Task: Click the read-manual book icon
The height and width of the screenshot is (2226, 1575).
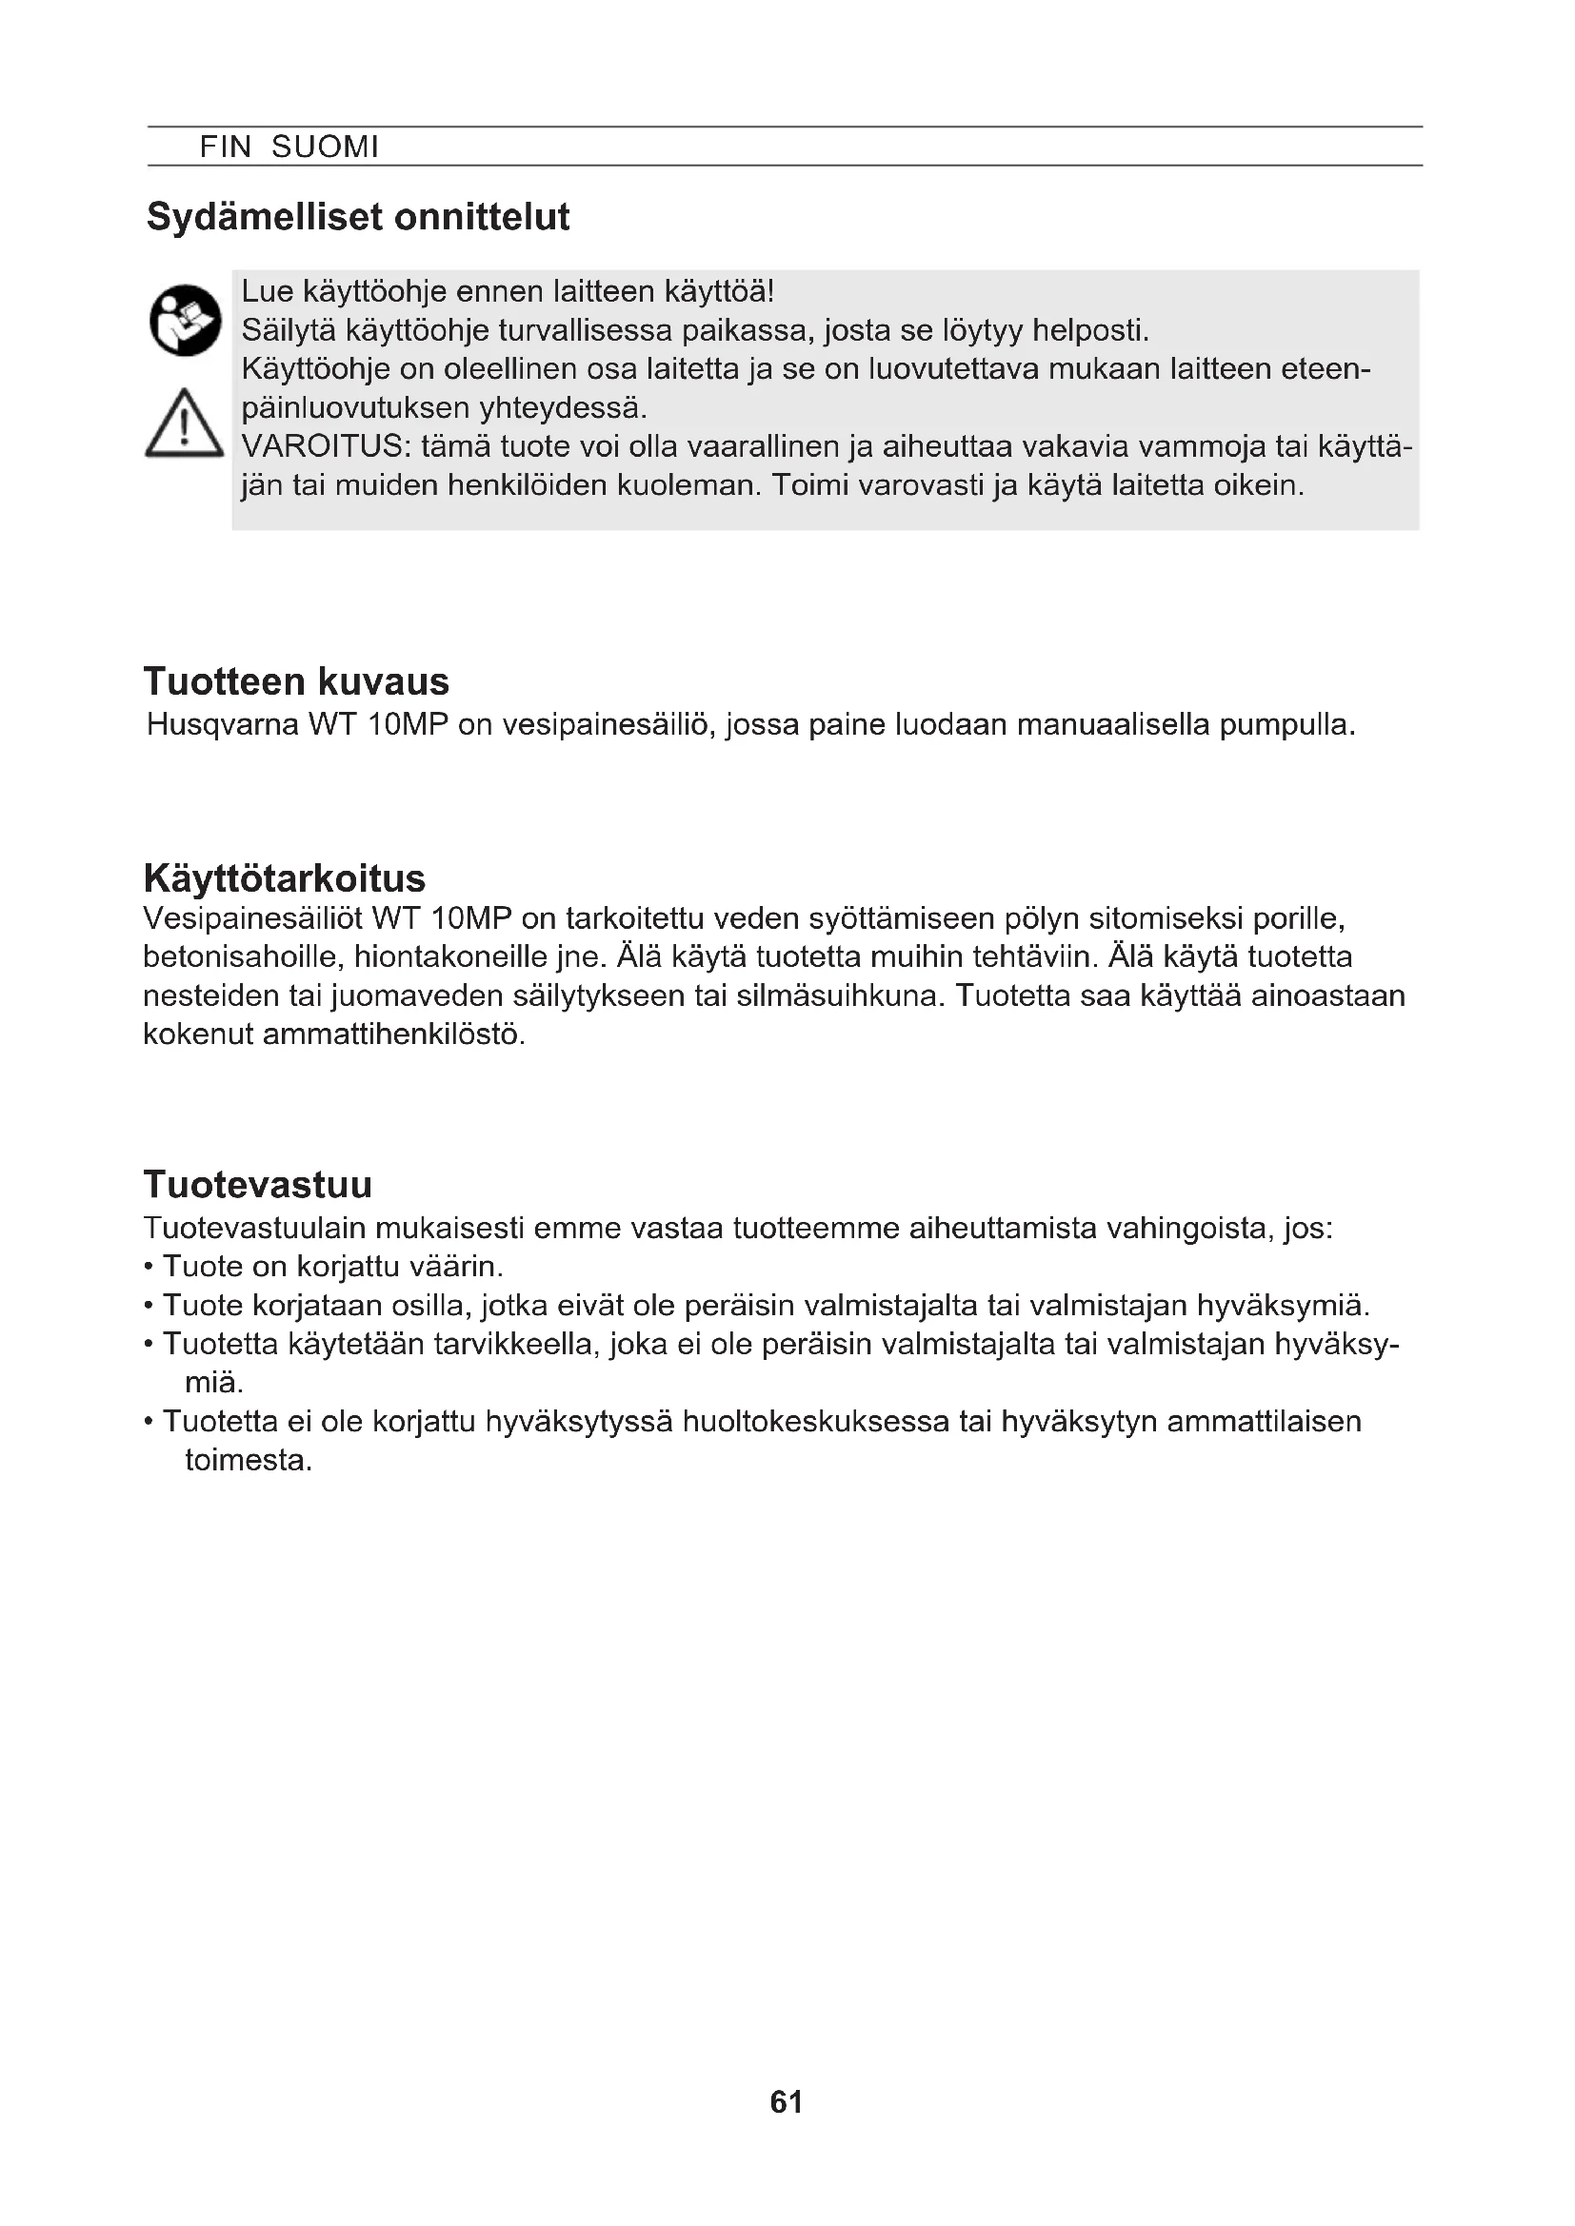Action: coord(186,320)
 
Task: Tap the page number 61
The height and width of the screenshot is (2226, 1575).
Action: coord(787,2102)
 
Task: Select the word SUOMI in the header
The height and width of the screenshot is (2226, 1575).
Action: coord(325,148)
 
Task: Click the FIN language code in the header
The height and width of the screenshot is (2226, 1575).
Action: coord(225,148)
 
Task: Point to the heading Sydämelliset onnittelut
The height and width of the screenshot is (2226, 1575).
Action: coord(358,216)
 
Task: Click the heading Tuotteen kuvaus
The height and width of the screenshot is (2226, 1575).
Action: coord(296,681)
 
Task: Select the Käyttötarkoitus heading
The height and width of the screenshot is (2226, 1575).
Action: coord(284,878)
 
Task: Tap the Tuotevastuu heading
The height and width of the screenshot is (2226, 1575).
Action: coord(258,1185)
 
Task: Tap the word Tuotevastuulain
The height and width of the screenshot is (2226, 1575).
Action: coord(254,1229)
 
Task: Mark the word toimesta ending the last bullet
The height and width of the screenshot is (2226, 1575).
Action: coord(249,1460)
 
